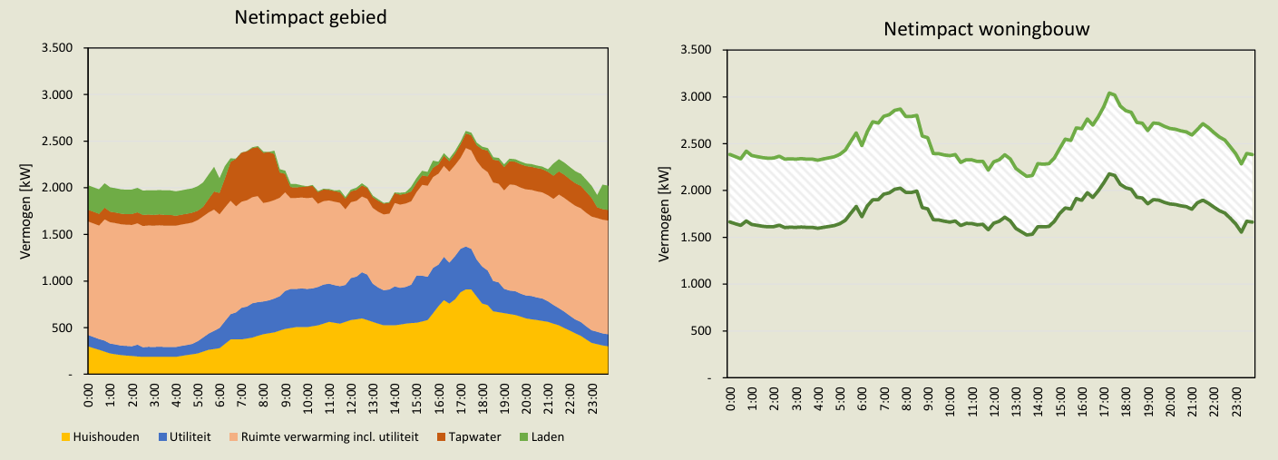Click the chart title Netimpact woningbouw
(x=986, y=29)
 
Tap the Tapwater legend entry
(x=472, y=437)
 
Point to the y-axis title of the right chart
(x=665, y=213)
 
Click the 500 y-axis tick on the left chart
(x=65, y=328)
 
